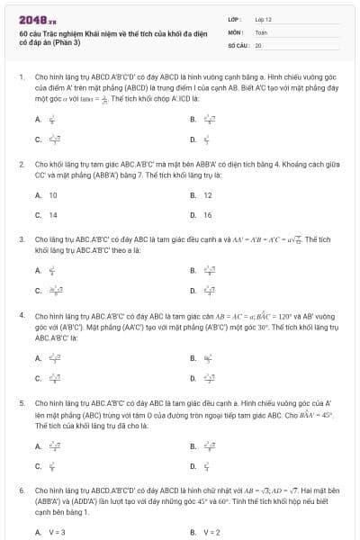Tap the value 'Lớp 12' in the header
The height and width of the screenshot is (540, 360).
click(264, 18)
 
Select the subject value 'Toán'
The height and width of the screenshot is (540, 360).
click(261, 31)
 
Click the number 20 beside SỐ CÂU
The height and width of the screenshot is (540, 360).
click(258, 44)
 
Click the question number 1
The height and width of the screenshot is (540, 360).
click(21, 78)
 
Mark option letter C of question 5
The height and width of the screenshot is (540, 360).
click(38, 465)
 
